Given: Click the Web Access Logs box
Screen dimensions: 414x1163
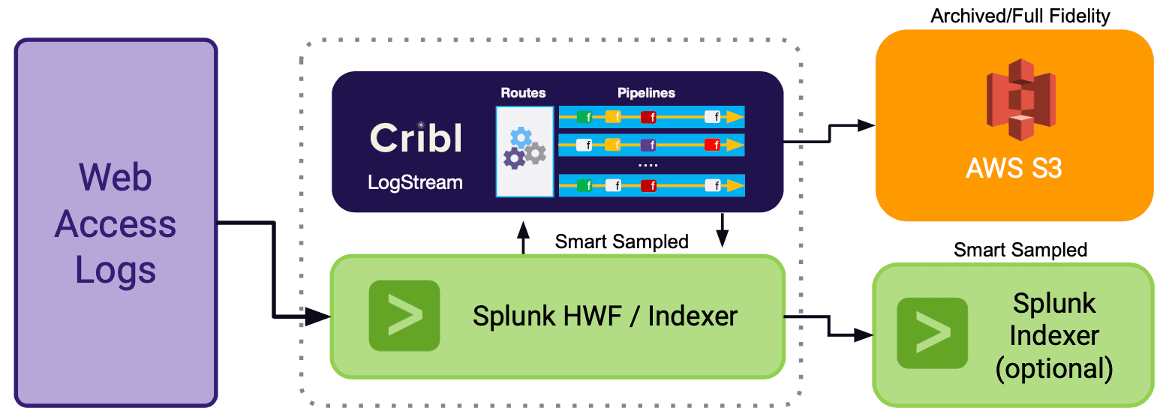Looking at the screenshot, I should (x=116, y=223).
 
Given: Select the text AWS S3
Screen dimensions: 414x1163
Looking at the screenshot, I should (x=1014, y=169).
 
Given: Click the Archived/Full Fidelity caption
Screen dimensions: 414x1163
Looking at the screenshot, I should (x=1020, y=16).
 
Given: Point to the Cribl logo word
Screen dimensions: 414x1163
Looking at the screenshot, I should (x=416, y=139).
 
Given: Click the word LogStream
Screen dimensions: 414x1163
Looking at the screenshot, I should (x=415, y=182).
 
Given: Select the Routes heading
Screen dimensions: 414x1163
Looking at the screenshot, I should (x=523, y=93).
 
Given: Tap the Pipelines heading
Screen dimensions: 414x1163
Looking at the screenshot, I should (x=646, y=93).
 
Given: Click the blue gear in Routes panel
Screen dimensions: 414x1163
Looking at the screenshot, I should (x=521, y=137).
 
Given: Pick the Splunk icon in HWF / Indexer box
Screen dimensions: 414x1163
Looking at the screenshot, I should (x=404, y=316).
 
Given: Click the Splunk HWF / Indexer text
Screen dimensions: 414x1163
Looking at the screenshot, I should (x=605, y=316).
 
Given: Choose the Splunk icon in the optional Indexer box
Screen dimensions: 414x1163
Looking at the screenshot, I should (x=933, y=332).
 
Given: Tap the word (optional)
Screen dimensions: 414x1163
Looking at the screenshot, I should (x=1053, y=368).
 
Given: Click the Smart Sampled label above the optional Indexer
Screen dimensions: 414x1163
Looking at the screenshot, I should (x=1020, y=250).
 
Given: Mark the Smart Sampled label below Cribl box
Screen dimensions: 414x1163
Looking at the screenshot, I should (x=621, y=241).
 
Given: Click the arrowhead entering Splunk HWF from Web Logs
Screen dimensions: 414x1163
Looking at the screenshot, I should (x=320, y=318).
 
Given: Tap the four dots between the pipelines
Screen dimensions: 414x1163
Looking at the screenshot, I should (x=648, y=164).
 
